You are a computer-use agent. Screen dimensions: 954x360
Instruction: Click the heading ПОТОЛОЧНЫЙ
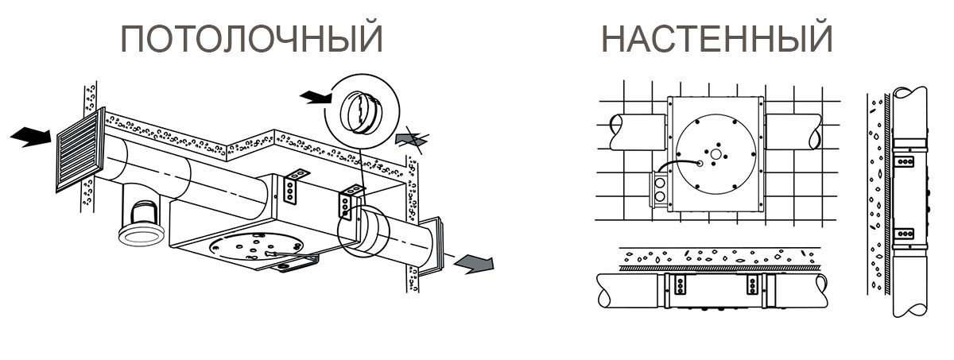(252, 38)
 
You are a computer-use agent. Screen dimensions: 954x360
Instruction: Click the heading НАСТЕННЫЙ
(716, 38)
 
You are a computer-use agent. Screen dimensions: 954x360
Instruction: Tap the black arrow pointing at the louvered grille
(30, 137)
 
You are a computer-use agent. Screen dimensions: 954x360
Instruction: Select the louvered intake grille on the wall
(80, 149)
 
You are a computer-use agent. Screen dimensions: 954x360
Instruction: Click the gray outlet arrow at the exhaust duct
(474, 263)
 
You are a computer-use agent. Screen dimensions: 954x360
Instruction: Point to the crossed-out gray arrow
(412, 139)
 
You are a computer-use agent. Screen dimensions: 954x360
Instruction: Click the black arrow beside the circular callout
(316, 98)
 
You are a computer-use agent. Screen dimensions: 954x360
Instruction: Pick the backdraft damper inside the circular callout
(361, 112)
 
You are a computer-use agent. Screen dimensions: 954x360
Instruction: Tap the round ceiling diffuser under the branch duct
(141, 235)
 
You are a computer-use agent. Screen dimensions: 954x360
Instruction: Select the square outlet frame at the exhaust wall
(432, 245)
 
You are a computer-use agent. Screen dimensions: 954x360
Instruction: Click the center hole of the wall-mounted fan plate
(716, 153)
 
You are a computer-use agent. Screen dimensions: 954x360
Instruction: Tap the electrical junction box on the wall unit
(659, 189)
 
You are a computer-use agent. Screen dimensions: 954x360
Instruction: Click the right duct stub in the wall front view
(793, 132)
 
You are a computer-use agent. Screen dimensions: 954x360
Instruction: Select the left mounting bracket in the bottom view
(680, 285)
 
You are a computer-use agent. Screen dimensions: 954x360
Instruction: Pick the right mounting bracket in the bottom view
(752, 285)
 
